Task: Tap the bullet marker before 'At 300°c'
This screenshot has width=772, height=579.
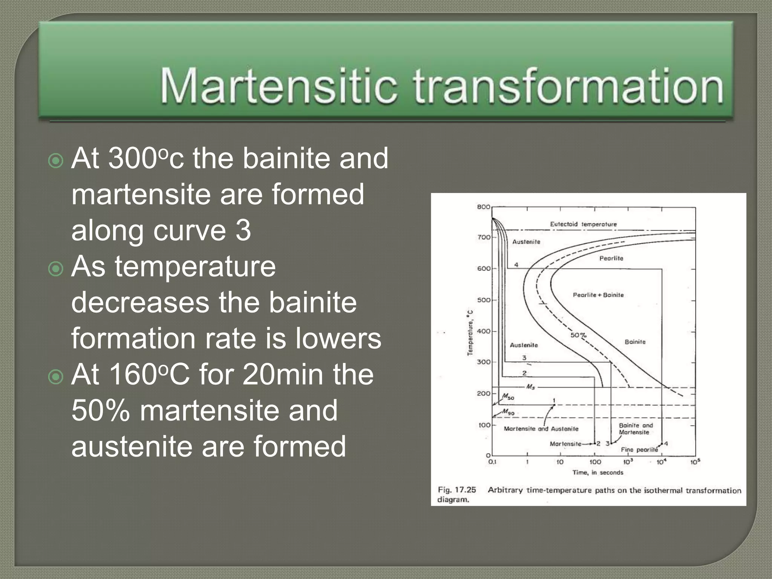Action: pos(56,161)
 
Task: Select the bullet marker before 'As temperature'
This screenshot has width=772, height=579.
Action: pos(56,269)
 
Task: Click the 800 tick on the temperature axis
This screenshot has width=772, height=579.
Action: pos(484,207)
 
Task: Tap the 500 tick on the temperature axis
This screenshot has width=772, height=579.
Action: pos(484,300)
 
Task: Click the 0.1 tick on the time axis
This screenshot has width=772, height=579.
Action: pos(492,462)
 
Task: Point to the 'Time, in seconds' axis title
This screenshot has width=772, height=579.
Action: pos(598,472)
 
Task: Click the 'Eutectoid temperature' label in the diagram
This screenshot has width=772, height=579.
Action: pos(583,224)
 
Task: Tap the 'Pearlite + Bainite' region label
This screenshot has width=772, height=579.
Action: pos(598,295)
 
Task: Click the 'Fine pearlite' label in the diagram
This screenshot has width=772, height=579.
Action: pos(639,450)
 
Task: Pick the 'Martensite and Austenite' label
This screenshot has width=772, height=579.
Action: pos(541,429)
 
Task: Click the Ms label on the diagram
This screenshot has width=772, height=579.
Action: pos(530,387)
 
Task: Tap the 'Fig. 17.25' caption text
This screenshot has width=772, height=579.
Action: pos(457,490)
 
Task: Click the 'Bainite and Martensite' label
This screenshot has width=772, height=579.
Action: pos(636,429)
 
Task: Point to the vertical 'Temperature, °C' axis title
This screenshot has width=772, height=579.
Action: pos(470,332)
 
